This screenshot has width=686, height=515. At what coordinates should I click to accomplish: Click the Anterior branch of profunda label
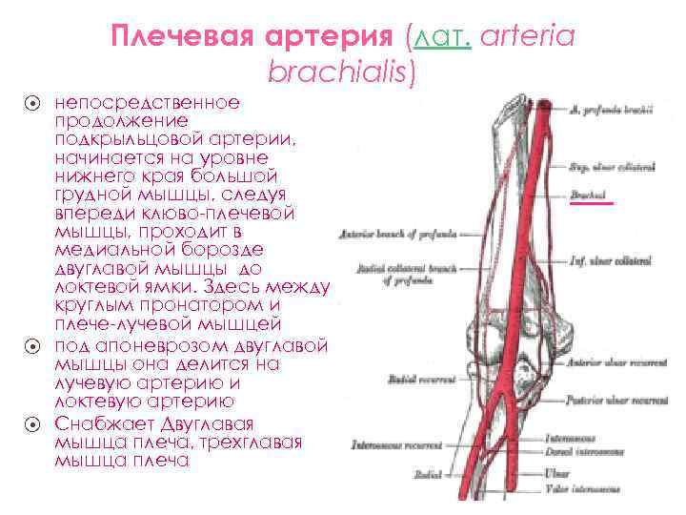(406, 232)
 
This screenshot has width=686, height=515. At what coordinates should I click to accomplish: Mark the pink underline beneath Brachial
(593, 203)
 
